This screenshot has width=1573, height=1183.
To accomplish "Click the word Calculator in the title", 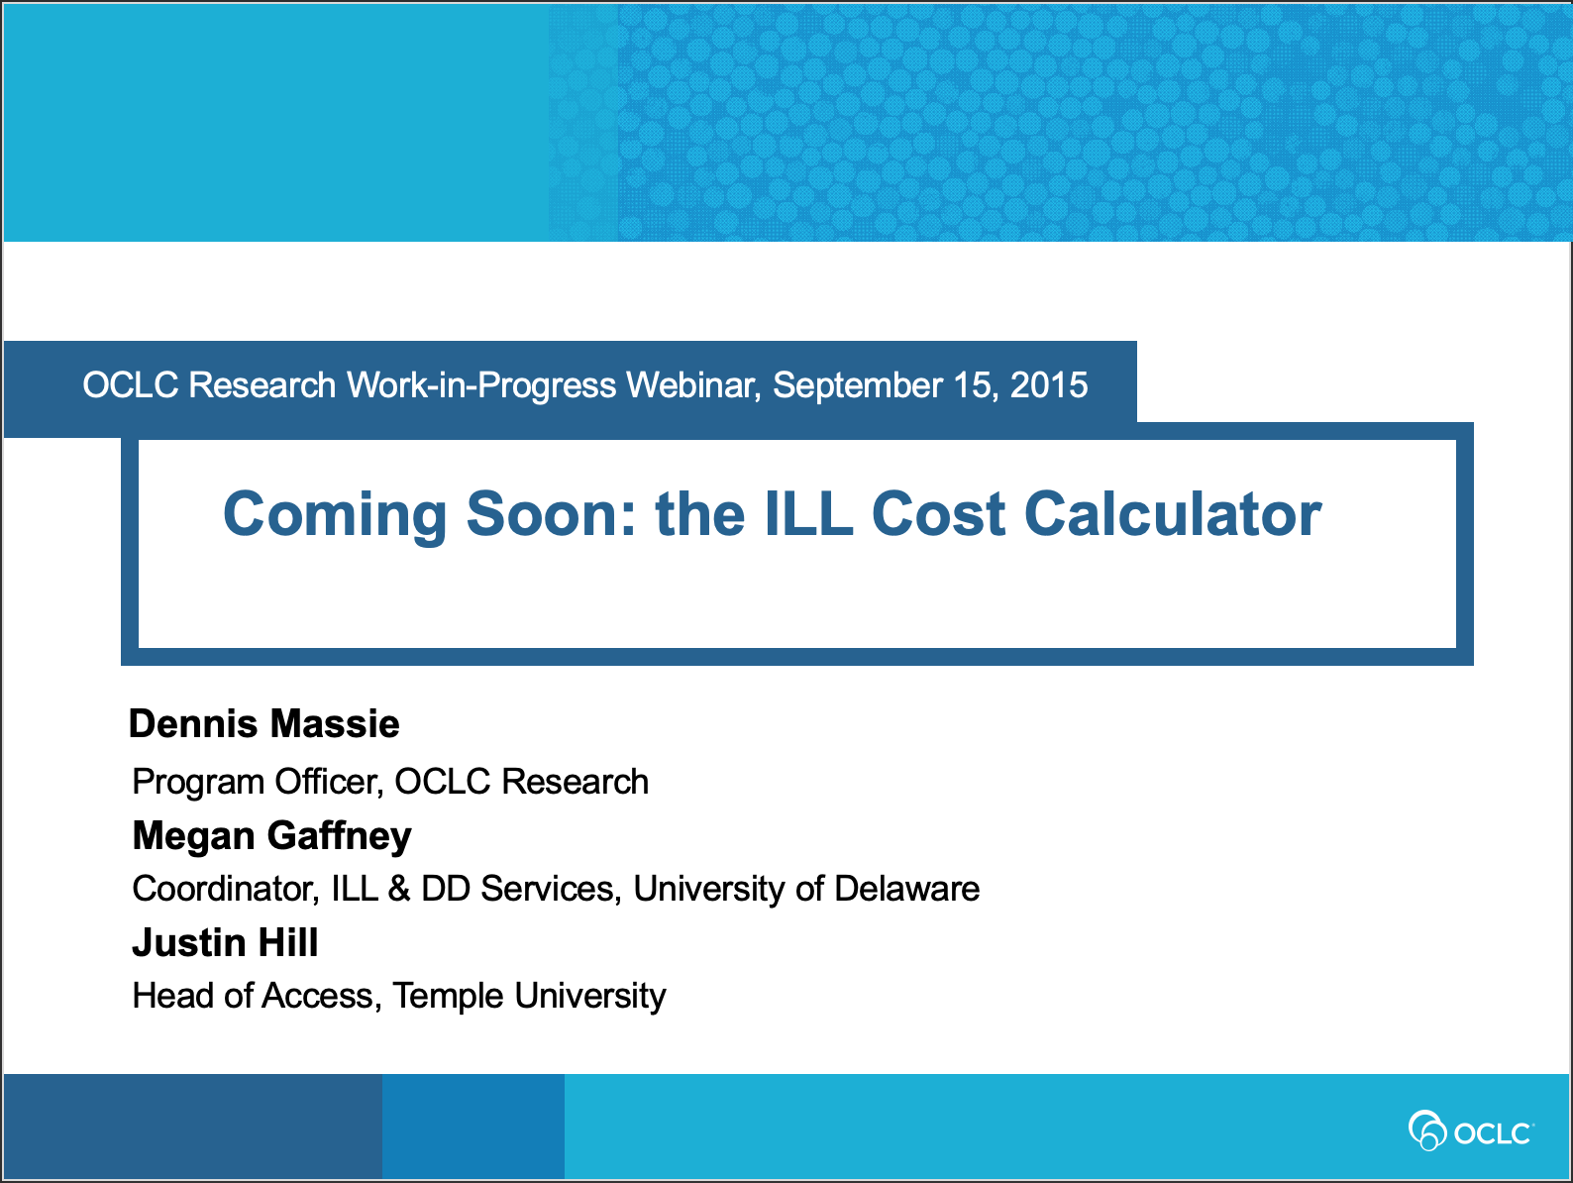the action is coord(1173,514).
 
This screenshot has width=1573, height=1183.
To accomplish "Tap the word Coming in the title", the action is coord(335,517).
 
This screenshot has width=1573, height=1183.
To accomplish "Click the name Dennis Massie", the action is coord(263,723).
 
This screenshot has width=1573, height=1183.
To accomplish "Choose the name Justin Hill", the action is coord(225,942).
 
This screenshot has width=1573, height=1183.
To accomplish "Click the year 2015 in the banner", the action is coord(1048,384).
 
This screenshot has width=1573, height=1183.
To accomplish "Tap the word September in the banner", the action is coord(857,386).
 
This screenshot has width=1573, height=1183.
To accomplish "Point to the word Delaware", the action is coord(906,889).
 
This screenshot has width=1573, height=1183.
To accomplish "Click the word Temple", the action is coord(448,997).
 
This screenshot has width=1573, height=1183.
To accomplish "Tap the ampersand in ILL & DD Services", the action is coord(399,889).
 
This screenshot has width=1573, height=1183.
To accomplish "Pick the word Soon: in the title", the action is coord(551,514).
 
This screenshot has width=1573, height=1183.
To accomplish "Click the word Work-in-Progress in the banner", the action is coord(480,386).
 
